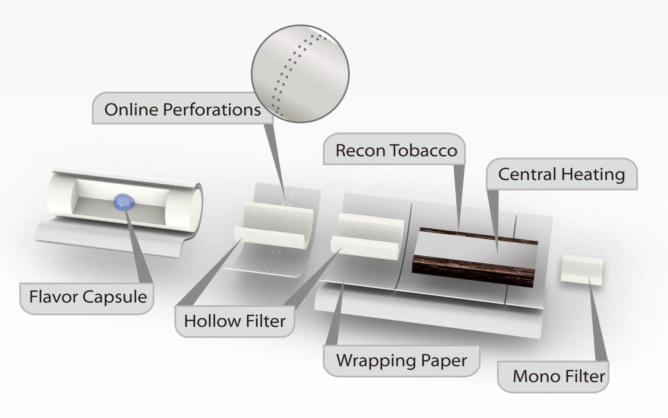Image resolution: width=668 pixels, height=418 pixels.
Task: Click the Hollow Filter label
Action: click(x=235, y=321)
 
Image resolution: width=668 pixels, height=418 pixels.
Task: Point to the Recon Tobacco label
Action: click(x=395, y=150)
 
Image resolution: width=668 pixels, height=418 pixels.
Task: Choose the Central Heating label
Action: click(x=561, y=174)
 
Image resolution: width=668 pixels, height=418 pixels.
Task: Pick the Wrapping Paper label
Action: click(x=401, y=360)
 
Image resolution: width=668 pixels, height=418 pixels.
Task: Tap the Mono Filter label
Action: click(x=558, y=376)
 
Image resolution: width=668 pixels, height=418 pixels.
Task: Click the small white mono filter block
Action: click(x=582, y=271)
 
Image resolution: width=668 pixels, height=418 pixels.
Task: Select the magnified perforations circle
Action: click(x=300, y=73)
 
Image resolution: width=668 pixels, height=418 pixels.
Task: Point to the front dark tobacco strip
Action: click(x=473, y=271)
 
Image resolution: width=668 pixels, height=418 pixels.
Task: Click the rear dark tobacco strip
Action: click(x=477, y=236)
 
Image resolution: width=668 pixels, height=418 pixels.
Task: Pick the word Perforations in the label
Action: click(x=212, y=109)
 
